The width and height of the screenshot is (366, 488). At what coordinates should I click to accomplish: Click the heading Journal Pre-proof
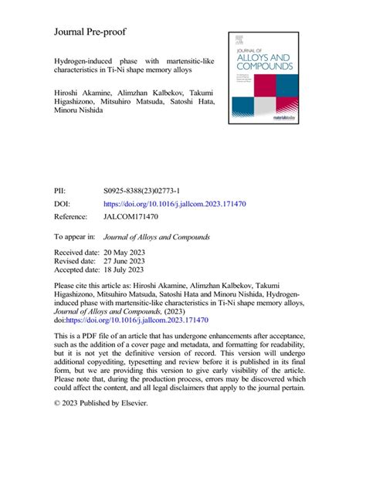tap(90, 32)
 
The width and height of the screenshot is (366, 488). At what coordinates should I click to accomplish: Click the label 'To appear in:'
tap(74, 237)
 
